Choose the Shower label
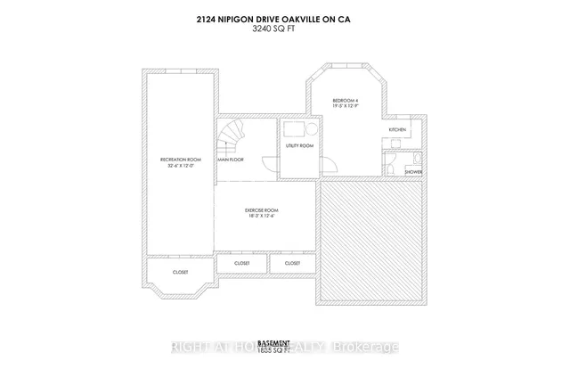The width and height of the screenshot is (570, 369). [x=413, y=171]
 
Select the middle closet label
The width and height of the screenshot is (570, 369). [x=241, y=264]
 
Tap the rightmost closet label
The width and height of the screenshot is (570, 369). [x=292, y=264]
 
